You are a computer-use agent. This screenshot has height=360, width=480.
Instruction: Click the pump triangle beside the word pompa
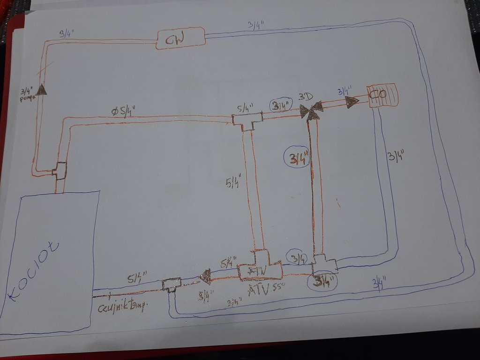pos(42,89)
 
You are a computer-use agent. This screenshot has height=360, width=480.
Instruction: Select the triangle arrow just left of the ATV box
pos(205,277)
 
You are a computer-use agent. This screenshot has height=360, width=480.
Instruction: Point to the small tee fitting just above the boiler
pos(60,170)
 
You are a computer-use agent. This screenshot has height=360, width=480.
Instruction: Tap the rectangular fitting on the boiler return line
pos(171,284)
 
